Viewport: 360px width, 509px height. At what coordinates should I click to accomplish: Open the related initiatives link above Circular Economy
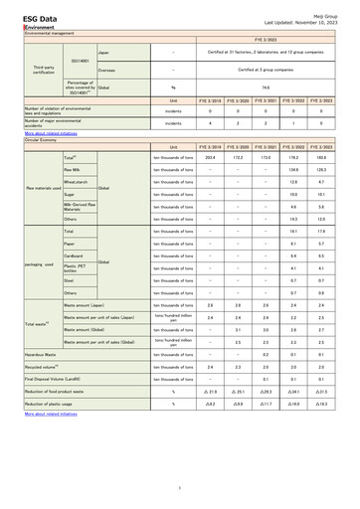coord(49,131)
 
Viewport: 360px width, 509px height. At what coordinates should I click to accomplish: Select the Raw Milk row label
coord(76,169)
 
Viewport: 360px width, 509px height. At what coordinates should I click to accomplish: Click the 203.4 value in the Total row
coord(210,157)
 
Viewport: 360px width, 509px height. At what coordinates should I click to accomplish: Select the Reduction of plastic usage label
coord(52,405)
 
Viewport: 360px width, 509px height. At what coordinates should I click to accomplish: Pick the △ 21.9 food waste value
coord(210,392)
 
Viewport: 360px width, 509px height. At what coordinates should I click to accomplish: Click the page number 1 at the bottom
coord(180,487)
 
